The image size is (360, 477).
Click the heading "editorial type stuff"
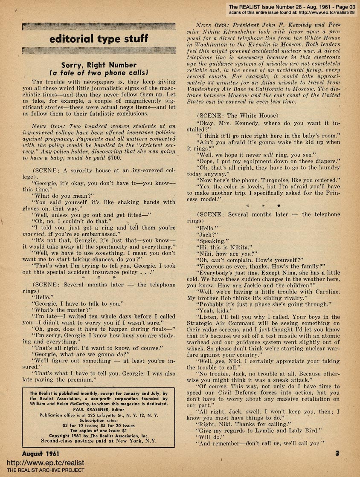click(99, 39)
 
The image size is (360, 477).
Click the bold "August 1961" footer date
click(44, 454)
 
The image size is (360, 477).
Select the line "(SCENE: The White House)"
click(237, 116)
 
